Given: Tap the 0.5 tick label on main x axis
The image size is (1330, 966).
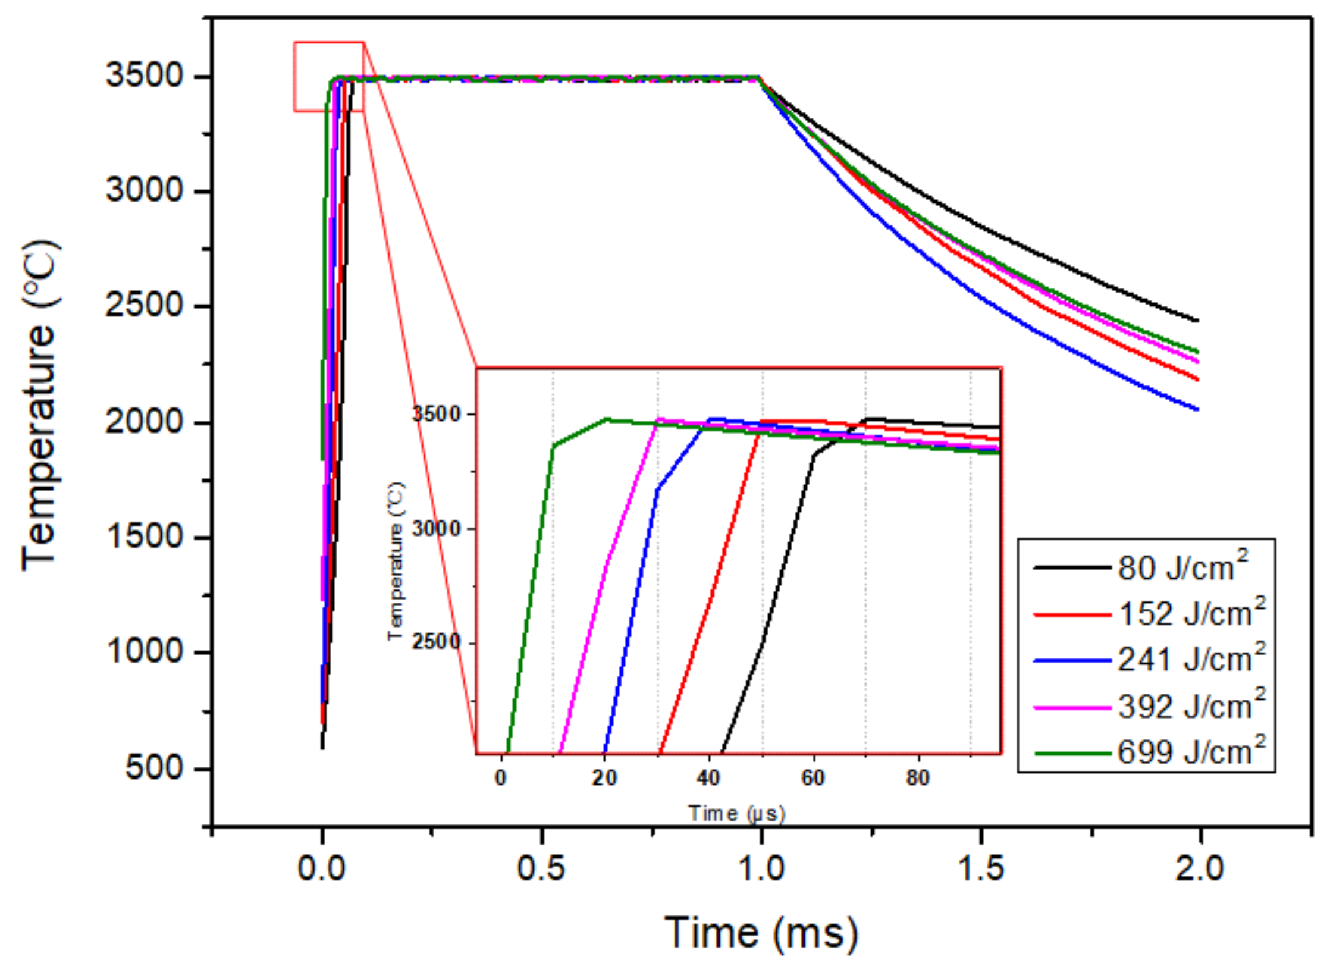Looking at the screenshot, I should tap(541, 868).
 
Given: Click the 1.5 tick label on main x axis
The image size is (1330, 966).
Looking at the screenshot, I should tap(980, 868).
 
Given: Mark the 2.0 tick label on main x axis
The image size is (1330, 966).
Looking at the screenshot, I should tap(1199, 868).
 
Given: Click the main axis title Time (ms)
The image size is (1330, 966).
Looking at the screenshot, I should tap(761, 932).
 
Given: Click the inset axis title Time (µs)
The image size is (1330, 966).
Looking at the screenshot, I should tap(736, 813).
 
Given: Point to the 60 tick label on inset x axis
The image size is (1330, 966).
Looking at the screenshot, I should tap(813, 778).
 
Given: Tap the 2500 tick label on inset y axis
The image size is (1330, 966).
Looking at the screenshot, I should tap(437, 642).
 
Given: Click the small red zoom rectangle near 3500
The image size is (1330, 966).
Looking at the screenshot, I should tap(328, 76).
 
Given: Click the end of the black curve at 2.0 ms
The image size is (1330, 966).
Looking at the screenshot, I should tap(1196, 320).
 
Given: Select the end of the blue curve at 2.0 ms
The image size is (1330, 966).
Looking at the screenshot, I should tap(1196, 409).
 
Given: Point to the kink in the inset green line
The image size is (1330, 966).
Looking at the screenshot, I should tap(553, 446).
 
